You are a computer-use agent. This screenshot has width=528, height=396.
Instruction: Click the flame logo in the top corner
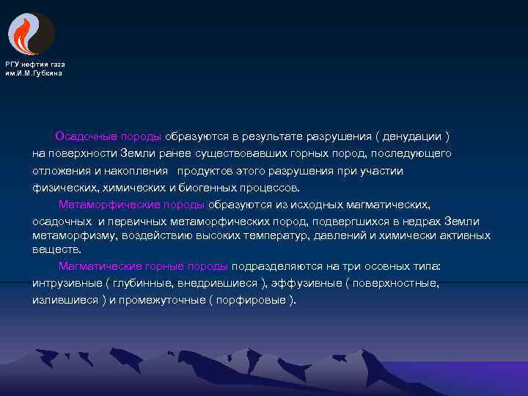tap(31, 34)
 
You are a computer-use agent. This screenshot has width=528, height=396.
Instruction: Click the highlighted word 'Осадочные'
tap(84, 136)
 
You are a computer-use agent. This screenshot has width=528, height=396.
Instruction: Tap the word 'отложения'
tap(57, 170)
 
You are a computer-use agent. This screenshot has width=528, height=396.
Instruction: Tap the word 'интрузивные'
tap(63, 283)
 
